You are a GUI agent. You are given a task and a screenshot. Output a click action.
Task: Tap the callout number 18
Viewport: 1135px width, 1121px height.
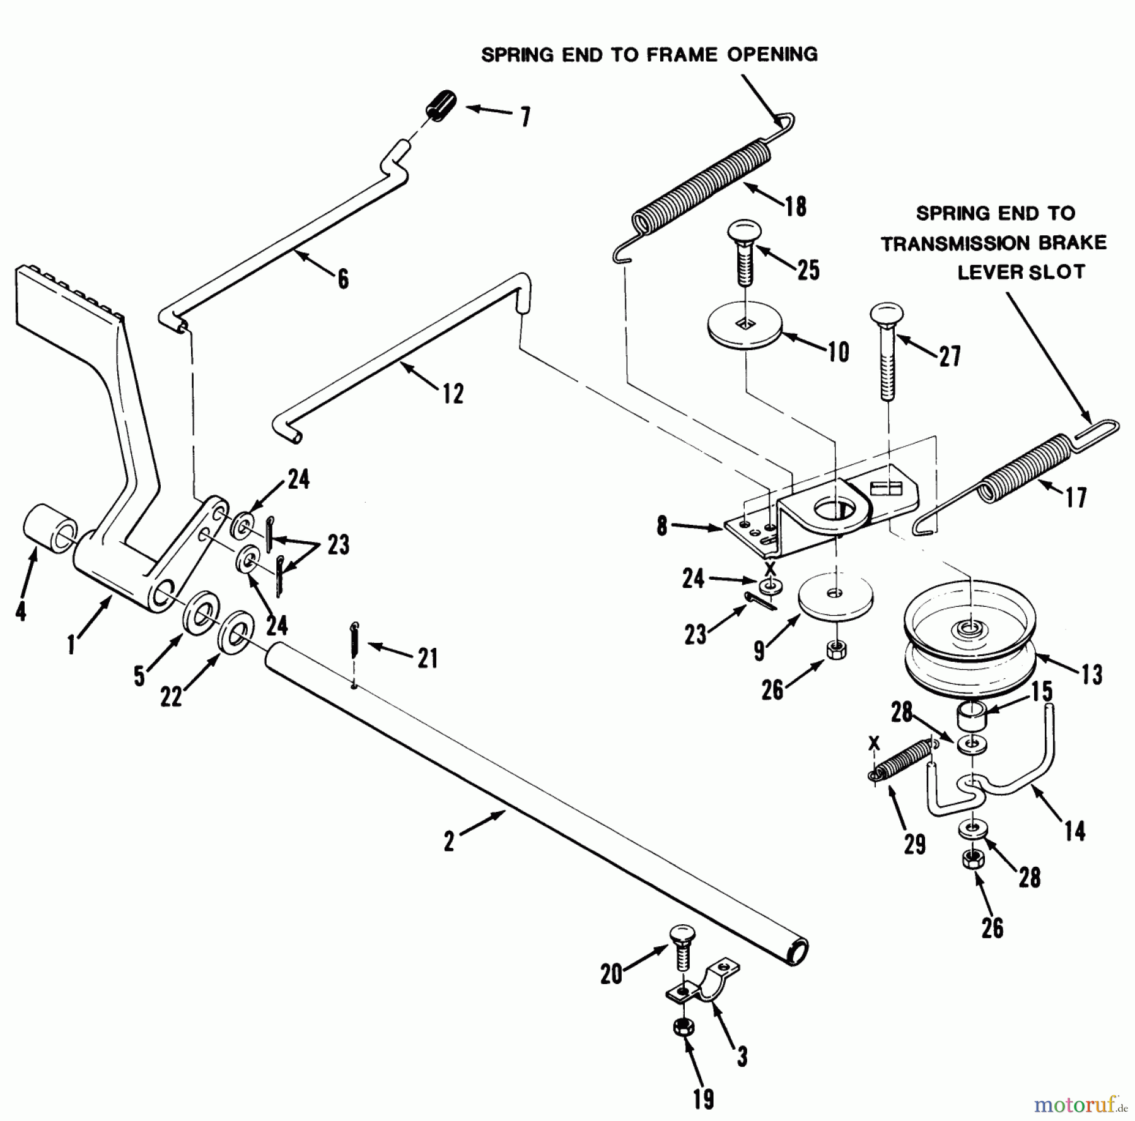pyautogui.click(x=796, y=206)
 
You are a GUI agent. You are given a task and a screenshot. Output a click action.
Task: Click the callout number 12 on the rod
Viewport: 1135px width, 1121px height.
pyautogui.click(x=452, y=394)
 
